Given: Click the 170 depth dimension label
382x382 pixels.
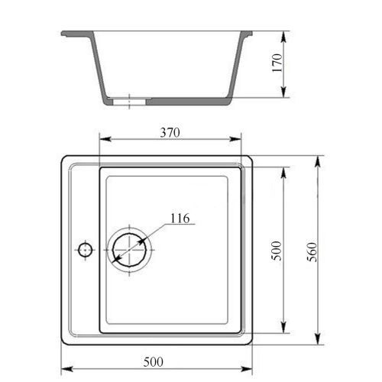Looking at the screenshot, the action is (277, 63).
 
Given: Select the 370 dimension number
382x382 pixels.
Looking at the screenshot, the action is (170, 132).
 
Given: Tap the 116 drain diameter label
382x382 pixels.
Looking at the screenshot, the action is (180, 219).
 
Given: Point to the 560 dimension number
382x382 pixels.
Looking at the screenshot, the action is (312, 252).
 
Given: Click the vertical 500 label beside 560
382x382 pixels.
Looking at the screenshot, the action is (277, 251).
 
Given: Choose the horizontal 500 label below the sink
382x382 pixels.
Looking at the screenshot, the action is (154, 362).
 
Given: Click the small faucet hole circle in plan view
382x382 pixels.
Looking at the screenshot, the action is (85, 250).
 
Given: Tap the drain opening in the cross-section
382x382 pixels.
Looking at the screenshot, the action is (129, 102).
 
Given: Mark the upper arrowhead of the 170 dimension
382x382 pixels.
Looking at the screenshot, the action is (284, 37).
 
